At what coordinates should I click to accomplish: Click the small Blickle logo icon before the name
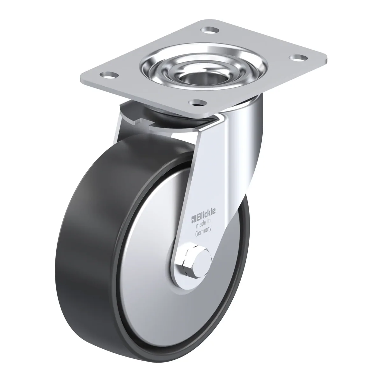(194, 219)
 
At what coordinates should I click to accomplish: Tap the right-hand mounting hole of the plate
(299, 58)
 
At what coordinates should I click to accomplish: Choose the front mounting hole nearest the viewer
(198, 103)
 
